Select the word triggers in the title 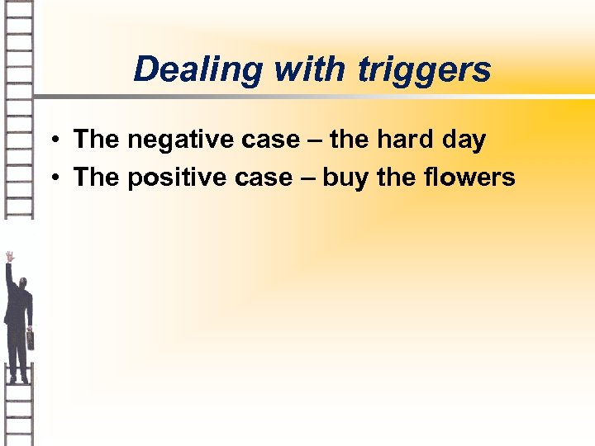coord(425,71)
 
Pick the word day coord(464,141)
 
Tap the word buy coord(345,178)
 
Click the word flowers coord(469,178)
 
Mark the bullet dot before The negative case coord(51,140)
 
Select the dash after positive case coord(302,178)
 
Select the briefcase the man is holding coord(31,339)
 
